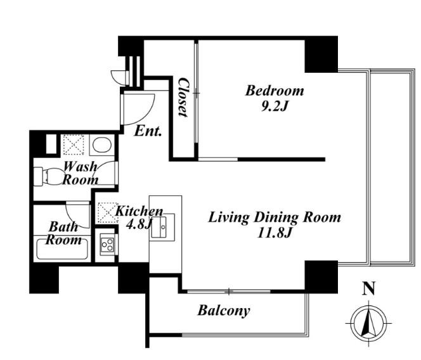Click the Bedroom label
[275, 91]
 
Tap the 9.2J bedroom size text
[275, 106]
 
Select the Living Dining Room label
[275, 218]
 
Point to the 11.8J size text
[275, 233]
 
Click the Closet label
[183, 97]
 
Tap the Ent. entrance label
[148, 131]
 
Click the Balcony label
[224, 311]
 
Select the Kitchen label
[139, 211]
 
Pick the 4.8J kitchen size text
[139, 224]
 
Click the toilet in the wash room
[48, 176]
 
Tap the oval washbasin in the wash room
[102, 145]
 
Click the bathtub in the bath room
[62, 248]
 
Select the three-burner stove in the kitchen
[107, 245]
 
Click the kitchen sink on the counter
[163, 227]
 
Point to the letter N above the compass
[369, 288]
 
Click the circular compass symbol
[369, 323]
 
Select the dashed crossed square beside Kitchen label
[107, 213]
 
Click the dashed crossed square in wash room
[74, 145]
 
